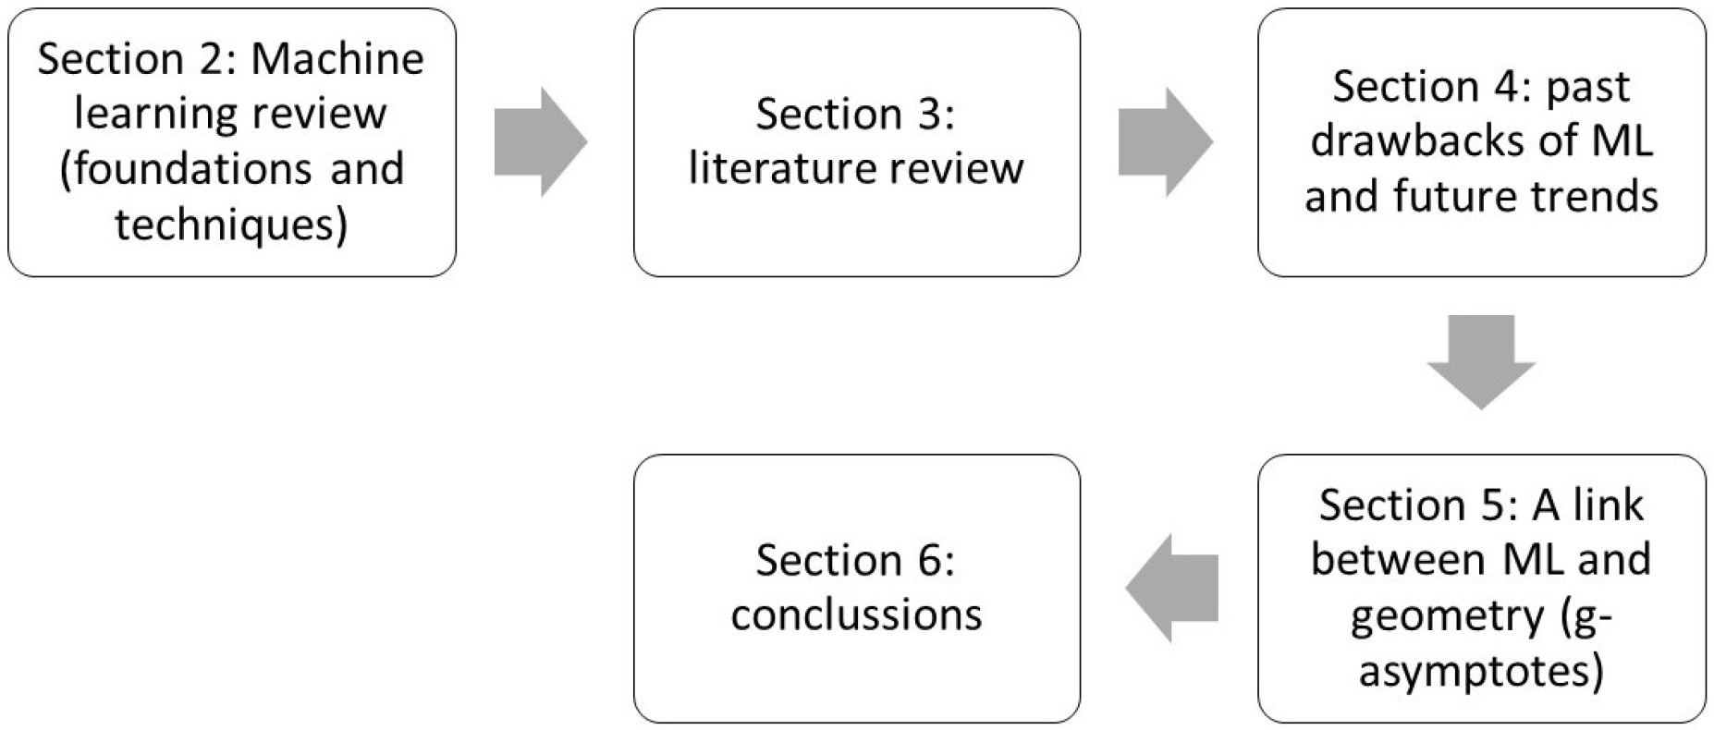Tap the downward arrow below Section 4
click(x=1481, y=361)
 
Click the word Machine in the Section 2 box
click(x=337, y=59)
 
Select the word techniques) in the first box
click(x=231, y=225)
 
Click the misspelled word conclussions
click(x=856, y=615)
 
